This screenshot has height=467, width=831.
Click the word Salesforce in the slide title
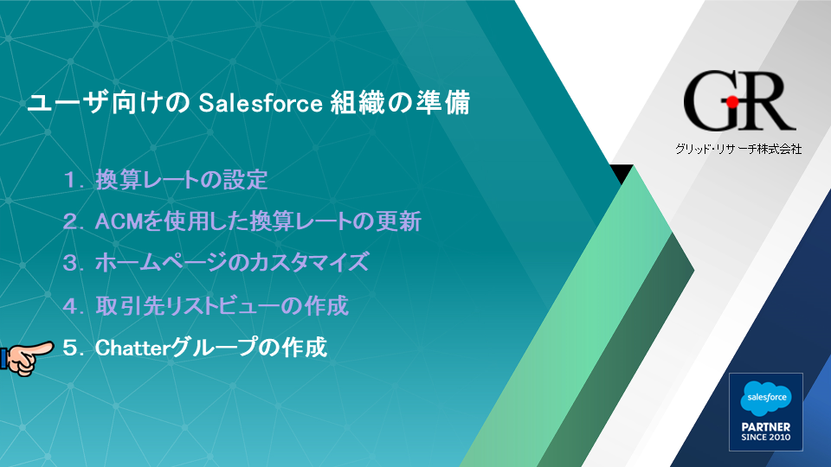pyautogui.click(x=261, y=103)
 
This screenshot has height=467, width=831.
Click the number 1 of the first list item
pyautogui.click(x=70, y=181)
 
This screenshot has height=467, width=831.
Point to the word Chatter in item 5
pyautogui.click(x=132, y=348)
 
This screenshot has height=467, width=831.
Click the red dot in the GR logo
pyautogui.click(x=732, y=102)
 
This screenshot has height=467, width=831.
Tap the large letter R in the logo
pyautogui.click(x=766, y=100)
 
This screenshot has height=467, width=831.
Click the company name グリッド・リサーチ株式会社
pyautogui.click(x=738, y=149)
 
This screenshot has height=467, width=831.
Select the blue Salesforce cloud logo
pyautogui.click(x=766, y=398)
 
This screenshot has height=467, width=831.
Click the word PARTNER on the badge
pyautogui.click(x=766, y=426)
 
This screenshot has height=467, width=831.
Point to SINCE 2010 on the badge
pyautogui.click(x=766, y=438)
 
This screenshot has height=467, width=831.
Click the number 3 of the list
pyautogui.click(x=70, y=263)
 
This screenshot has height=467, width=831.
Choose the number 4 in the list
pyautogui.click(x=70, y=306)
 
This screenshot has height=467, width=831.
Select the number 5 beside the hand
pyautogui.click(x=70, y=349)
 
